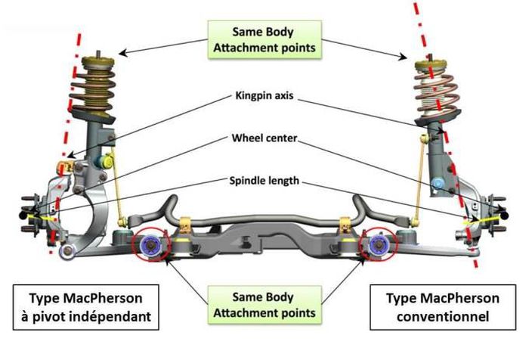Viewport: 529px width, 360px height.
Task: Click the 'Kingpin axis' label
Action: coord(263,98)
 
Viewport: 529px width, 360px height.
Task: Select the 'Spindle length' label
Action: coord(264,182)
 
